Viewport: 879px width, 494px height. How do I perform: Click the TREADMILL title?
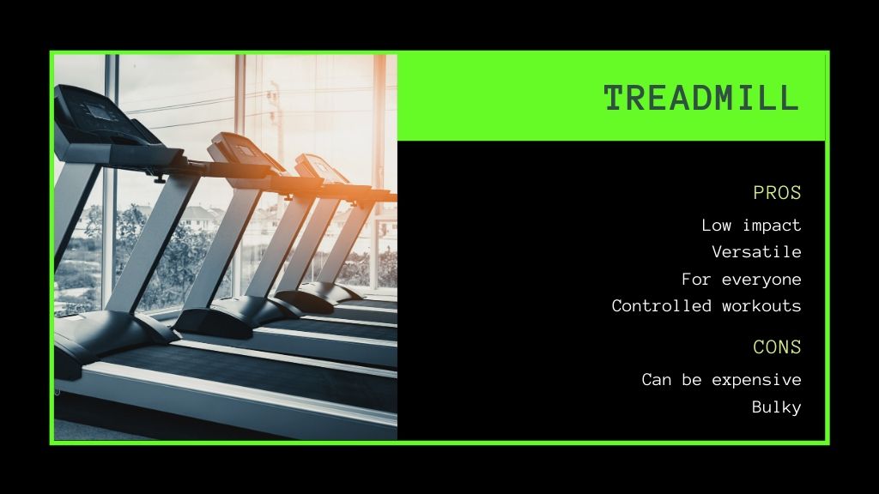click(x=701, y=98)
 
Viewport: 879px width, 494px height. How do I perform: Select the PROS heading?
click(x=777, y=193)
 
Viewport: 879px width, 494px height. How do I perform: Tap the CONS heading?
click(x=777, y=347)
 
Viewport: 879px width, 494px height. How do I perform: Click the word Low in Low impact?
click(x=717, y=226)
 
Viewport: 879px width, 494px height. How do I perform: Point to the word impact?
click(x=772, y=226)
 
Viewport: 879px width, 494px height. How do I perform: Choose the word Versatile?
click(x=757, y=252)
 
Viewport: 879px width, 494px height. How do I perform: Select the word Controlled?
click(x=662, y=306)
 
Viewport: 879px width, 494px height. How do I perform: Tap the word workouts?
click(x=761, y=306)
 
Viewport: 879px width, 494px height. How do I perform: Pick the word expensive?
click(x=757, y=380)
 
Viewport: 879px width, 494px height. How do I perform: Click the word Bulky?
click(x=777, y=407)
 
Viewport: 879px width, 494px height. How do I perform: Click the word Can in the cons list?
click(x=657, y=380)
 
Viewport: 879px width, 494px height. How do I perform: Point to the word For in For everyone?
click(x=696, y=279)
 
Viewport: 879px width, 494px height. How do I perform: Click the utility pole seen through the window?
click(x=276, y=140)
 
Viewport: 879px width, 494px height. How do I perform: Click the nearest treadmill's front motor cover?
click(x=112, y=336)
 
